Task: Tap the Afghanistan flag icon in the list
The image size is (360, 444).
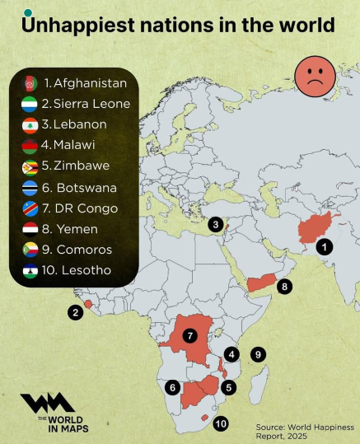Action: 30,83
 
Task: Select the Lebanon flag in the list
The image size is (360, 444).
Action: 30,125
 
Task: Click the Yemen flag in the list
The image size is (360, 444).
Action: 30,229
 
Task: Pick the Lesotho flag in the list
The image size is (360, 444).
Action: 30,270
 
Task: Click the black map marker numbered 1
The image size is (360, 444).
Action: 325,245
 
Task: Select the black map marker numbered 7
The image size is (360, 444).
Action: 189,335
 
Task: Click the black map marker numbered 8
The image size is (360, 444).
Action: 285,287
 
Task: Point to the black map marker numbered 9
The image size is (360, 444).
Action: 258,354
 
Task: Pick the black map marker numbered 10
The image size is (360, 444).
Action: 221,423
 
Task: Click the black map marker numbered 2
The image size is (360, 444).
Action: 76,312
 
